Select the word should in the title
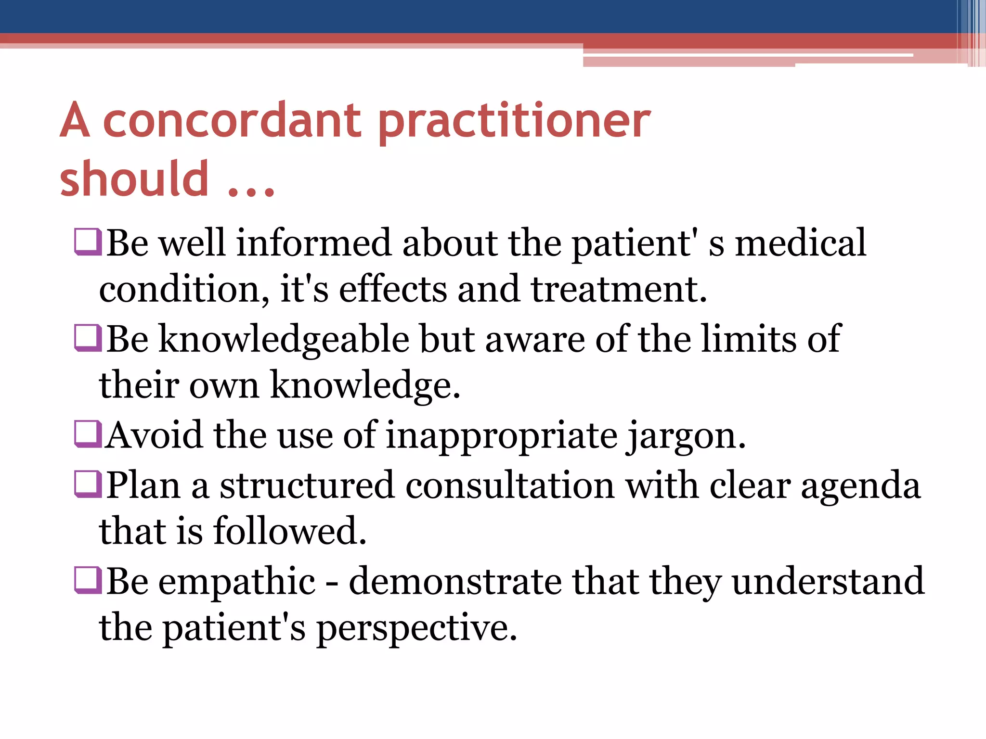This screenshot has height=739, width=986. [x=134, y=179]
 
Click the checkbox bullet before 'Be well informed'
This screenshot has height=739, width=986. [x=88, y=242]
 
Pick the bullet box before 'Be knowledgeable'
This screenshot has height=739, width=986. [x=88, y=338]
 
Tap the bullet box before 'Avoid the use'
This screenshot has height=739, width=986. [x=88, y=434]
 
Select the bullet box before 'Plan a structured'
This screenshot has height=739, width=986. [x=88, y=484]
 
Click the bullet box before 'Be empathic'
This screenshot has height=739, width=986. [x=88, y=580]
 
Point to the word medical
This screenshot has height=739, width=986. [x=800, y=242]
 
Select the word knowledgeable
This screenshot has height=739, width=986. [x=284, y=340]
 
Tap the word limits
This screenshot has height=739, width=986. [x=748, y=339]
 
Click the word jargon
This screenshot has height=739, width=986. [x=686, y=436]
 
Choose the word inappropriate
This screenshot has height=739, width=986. [x=502, y=436]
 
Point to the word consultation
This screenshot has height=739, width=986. [x=510, y=485]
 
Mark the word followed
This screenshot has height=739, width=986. [x=289, y=531]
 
